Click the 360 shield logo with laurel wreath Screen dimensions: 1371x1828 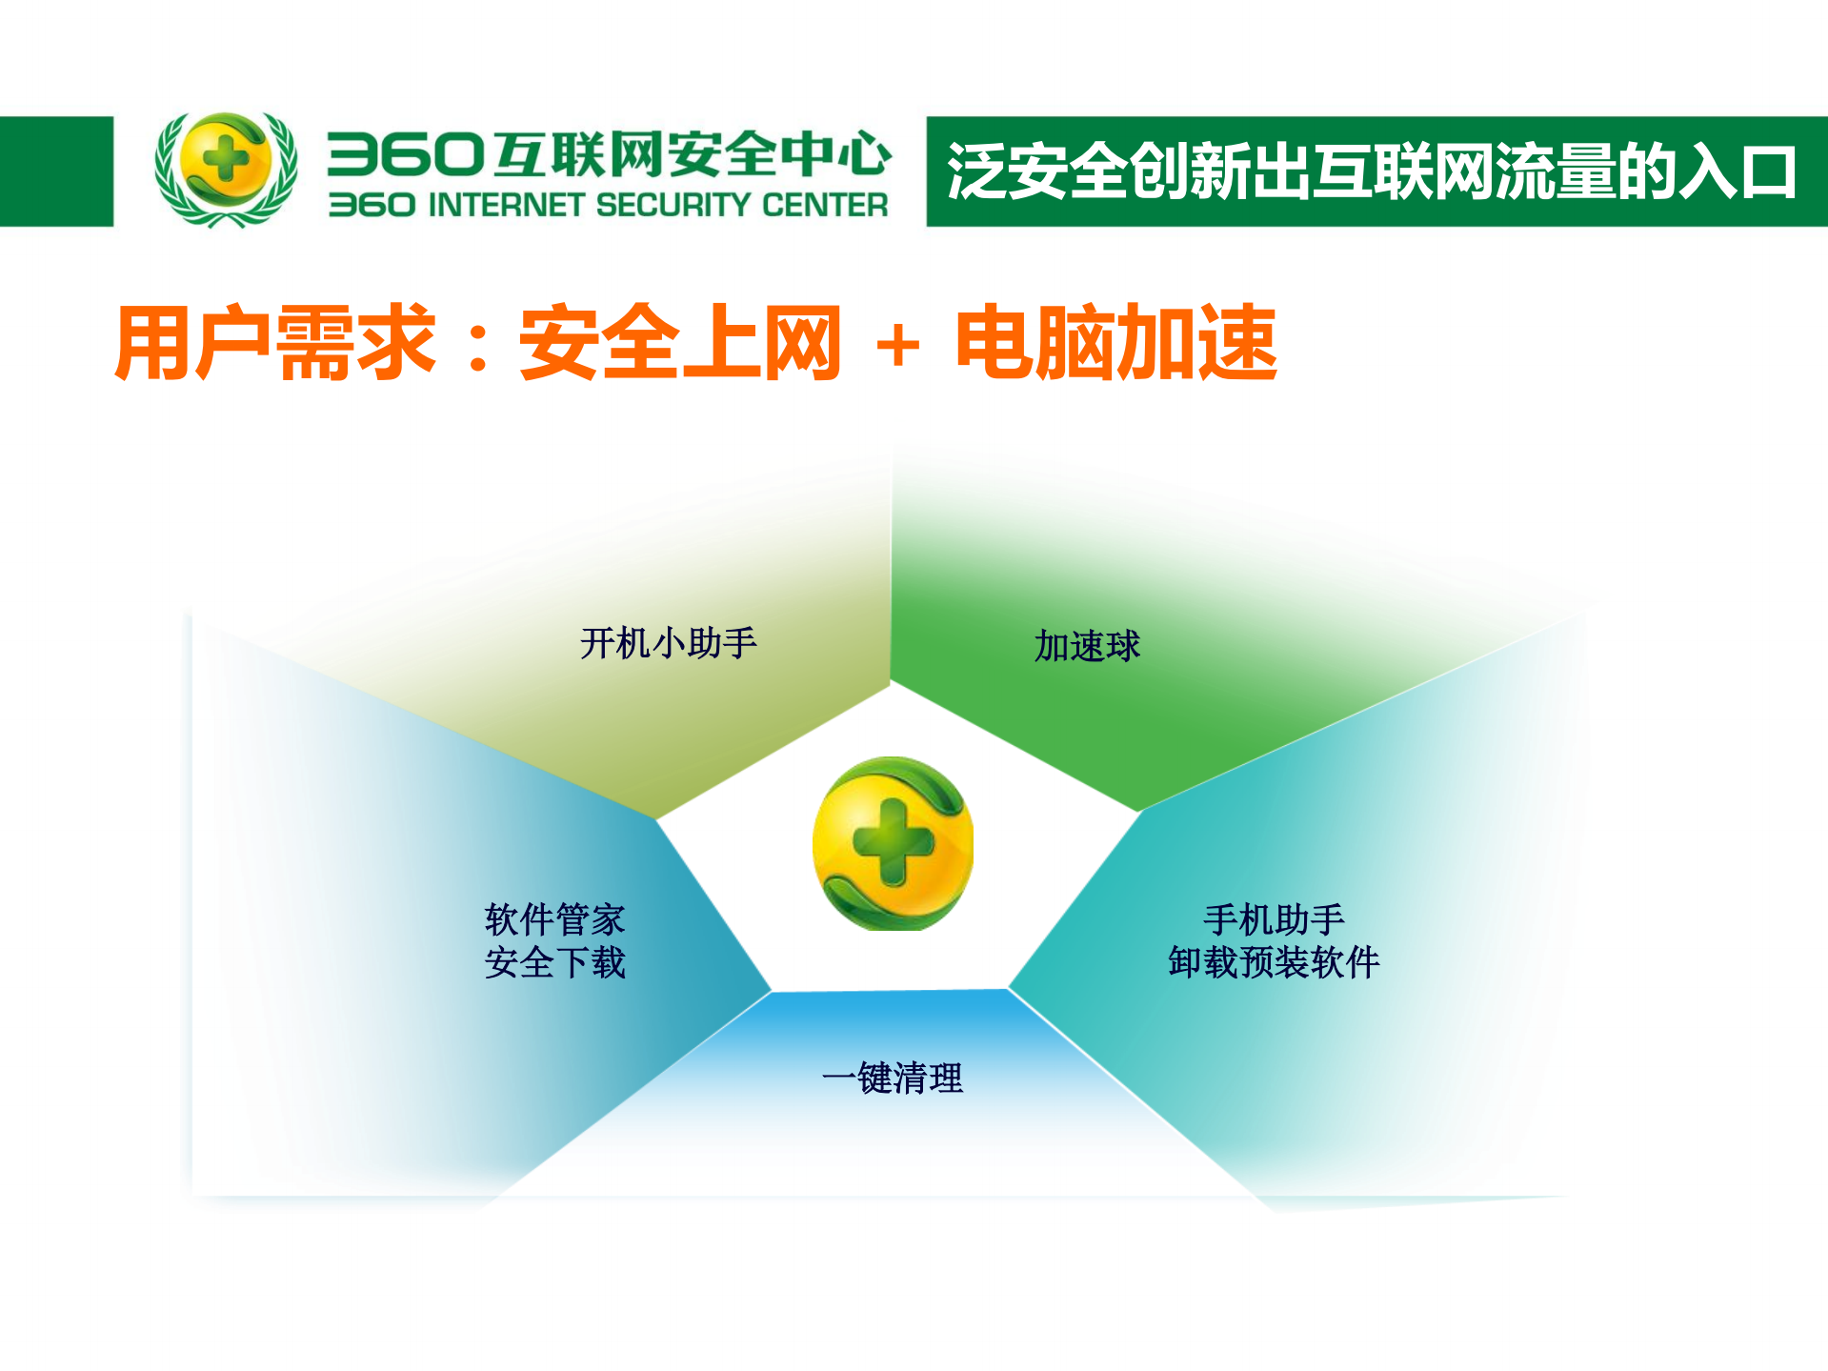226,169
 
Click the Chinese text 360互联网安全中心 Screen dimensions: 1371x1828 609,154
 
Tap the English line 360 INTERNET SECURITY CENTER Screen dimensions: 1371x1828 608,205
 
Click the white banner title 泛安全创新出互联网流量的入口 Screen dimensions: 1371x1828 1371,172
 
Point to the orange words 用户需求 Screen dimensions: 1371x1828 275,343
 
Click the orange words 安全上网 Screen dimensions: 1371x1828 680,343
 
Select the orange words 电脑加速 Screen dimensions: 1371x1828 1115,343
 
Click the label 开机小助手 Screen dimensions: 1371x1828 669,643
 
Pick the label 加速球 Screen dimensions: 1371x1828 1087,646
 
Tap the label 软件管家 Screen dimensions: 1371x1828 554,919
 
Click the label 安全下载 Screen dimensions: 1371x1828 554,962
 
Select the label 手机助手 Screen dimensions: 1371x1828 1274,919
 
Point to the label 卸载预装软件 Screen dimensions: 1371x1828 1274,962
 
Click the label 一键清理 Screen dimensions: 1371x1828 893,1079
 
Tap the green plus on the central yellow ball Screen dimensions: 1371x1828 893,841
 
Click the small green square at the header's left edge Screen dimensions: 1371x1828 56,171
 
